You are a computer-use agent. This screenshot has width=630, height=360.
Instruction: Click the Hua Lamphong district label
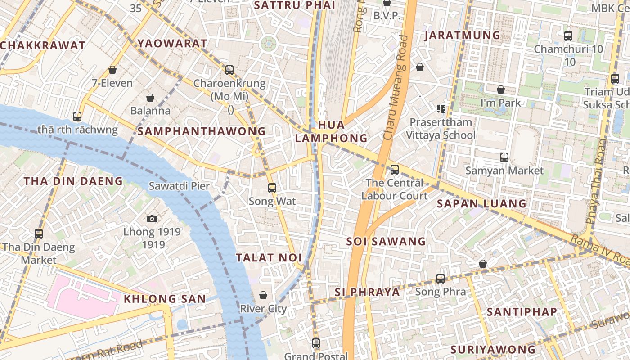(331, 131)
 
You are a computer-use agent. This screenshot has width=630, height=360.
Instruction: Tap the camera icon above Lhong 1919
(152, 219)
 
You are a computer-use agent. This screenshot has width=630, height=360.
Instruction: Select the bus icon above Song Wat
(272, 188)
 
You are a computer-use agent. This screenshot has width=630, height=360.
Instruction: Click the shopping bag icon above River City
(263, 295)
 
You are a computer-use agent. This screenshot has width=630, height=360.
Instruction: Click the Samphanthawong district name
(202, 131)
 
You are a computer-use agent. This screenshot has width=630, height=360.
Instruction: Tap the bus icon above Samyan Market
(504, 157)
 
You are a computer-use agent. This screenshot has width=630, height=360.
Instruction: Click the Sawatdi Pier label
(179, 185)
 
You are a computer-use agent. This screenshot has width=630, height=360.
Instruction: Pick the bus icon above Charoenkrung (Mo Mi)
(229, 70)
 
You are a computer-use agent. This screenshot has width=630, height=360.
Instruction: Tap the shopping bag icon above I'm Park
(500, 90)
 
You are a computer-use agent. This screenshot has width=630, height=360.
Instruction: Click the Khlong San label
(165, 299)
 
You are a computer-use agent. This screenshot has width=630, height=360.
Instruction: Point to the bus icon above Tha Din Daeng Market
(39, 234)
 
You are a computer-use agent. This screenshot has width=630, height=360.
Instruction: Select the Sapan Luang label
(481, 204)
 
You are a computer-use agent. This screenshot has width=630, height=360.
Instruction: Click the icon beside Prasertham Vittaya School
(441, 108)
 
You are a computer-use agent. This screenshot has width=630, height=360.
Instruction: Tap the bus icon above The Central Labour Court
(394, 169)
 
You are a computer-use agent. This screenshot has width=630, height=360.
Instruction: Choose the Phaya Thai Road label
(595, 181)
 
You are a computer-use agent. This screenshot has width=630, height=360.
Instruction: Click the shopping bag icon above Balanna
(150, 98)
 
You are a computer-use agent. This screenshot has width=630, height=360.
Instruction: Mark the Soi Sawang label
(386, 242)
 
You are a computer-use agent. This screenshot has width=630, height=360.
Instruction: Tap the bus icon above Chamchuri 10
(568, 36)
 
